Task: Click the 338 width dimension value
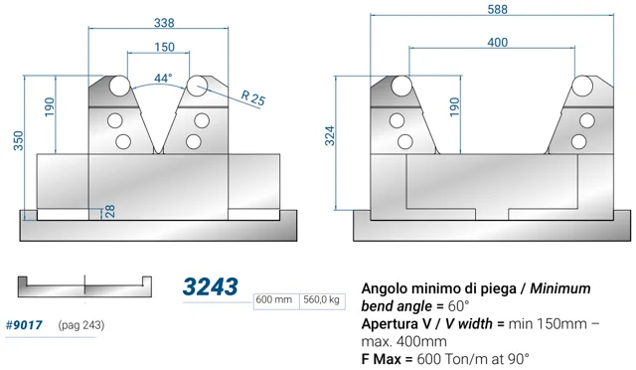[164, 23]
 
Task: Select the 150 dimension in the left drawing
[164, 47]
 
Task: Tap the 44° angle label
[163, 78]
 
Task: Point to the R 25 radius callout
[253, 97]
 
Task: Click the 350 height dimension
[19, 140]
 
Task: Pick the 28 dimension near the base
[110, 211]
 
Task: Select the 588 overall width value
[497, 9]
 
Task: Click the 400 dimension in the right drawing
[497, 42]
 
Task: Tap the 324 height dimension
[330, 135]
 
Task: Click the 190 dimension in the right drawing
[455, 106]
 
